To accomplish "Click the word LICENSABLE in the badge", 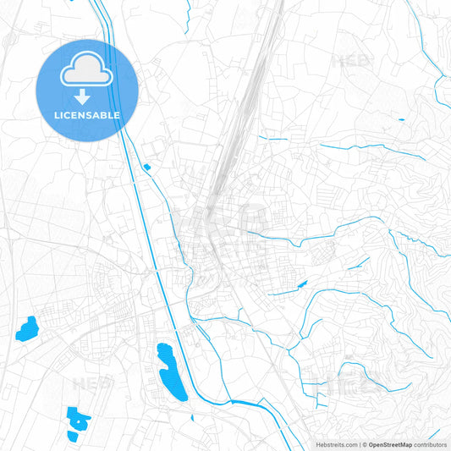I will point(87,115).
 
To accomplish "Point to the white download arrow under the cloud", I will point(87,96).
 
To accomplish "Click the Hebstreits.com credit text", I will point(336,444).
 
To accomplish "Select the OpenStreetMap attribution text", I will point(389,444).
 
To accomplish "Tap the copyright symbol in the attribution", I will point(365,444).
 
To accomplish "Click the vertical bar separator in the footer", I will point(360,444).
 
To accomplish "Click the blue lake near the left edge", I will point(27,327).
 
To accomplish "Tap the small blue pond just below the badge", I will point(147,167).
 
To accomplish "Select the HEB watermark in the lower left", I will point(91,383).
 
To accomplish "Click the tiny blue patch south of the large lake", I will point(194,417).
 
